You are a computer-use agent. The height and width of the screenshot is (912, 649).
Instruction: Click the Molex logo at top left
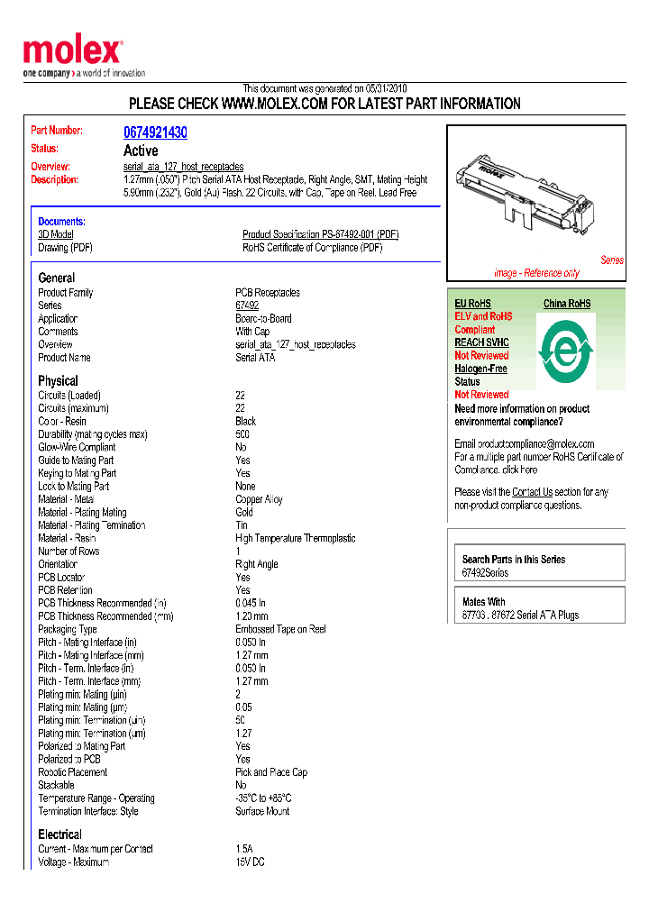(x=72, y=52)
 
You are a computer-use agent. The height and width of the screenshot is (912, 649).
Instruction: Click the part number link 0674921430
(x=155, y=132)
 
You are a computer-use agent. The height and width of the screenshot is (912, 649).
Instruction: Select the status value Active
(x=141, y=150)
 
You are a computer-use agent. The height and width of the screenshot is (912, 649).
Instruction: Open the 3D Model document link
(x=56, y=234)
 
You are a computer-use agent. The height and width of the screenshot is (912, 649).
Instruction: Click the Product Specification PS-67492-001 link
(x=320, y=234)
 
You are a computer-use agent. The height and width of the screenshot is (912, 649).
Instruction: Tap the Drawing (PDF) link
(x=65, y=248)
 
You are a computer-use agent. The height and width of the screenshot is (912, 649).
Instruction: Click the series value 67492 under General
(x=247, y=306)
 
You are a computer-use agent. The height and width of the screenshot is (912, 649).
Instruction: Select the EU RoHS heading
(x=472, y=304)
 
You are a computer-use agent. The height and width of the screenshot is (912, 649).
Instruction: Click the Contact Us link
(x=532, y=492)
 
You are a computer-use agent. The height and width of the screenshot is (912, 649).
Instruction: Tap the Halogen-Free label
(x=480, y=369)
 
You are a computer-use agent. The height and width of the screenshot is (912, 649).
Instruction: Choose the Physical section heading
(x=58, y=380)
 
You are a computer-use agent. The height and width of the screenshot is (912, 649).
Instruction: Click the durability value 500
(x=242, y=434)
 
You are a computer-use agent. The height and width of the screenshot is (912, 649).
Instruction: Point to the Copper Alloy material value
(x=259, y=499)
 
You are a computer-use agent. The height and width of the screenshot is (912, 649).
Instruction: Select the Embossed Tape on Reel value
(x=280, y=629)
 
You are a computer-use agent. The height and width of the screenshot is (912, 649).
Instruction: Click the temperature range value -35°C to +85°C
(x=263, y=798)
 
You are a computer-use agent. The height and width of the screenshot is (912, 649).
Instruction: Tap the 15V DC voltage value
(x=251, y=862)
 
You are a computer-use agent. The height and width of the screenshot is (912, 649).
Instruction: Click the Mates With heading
(x=483, y=601)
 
